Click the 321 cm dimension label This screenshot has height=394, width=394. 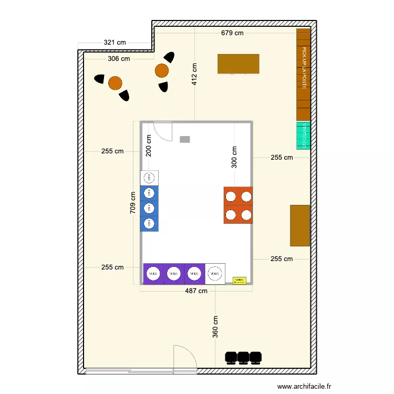[x=115, y=43]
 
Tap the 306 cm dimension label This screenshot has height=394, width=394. [x=119, y=59]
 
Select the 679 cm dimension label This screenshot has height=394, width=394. [x=232, y=33]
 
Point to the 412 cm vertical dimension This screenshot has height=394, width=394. [x=194, y=74]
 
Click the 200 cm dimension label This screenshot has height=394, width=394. [x=149, y=146]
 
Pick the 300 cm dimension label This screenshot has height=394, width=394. [x=234, y=157]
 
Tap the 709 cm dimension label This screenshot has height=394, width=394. [x=133, y=202]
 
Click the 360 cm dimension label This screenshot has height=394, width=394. [x=215, y=326]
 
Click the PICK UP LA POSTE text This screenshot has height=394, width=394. [x=304, y=68]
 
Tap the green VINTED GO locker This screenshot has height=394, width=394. [x=304, y=135]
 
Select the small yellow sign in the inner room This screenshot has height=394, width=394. [x=240, y=281]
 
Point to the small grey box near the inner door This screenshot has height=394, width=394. [x=185, y=139]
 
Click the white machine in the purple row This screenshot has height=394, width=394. [x=214, y=273]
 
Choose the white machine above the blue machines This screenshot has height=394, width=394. [x=149, y=178]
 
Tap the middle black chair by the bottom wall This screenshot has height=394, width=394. [x=243, y=357]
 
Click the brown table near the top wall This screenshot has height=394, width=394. [x=239, y=64]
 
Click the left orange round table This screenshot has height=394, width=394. [x=115, y=83]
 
